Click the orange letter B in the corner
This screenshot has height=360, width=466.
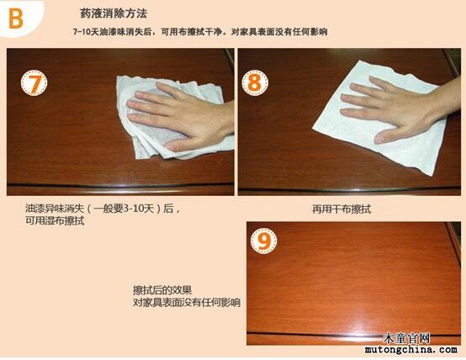coord(16,19)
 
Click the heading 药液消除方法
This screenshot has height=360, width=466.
coord(114,13)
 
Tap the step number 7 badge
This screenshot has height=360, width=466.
coord(34,82)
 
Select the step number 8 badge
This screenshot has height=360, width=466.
coord(255,82)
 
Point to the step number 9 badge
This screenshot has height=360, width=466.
coord(263,241)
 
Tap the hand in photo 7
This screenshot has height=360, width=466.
coord(182,118)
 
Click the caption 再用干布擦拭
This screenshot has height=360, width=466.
coord(342,209)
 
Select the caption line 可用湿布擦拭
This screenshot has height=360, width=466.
coord(55,221)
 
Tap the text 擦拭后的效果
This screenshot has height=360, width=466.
coord(162,290)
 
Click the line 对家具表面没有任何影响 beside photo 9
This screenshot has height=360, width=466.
coord(187,303)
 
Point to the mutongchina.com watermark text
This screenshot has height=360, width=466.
coord(411,349)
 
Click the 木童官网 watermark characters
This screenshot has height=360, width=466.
coord(406,338)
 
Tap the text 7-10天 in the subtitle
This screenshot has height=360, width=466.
coord(86,32)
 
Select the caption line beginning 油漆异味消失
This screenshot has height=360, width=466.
coord(103,209)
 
